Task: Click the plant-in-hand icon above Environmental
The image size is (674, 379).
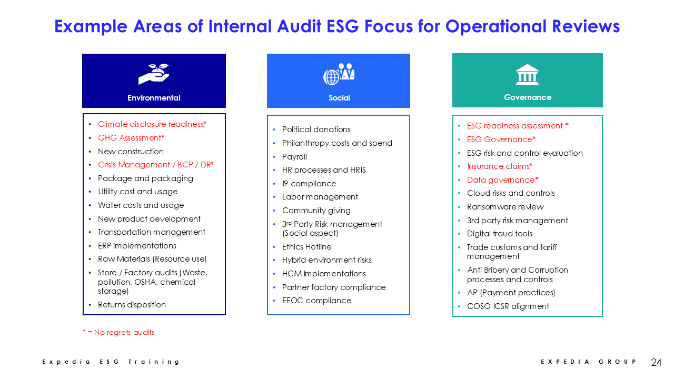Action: click(154, 74)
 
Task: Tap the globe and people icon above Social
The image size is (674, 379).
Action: click(339, 74)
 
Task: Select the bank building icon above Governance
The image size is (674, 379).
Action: click(527, 75)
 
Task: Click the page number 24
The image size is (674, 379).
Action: click(656, 362)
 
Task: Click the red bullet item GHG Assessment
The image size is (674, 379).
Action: click(131, 138)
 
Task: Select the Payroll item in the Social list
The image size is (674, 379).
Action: click(294, 157)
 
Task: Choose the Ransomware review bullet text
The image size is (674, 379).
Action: click(505, 207)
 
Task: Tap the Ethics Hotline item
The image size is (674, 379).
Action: click(306, 247)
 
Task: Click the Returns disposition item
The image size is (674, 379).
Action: click(132, 305)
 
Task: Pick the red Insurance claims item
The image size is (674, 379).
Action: click(500, 166)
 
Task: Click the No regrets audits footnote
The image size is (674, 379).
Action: click(118, 332)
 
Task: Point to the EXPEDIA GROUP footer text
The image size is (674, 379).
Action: click(588, 362)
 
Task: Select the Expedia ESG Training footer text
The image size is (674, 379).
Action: click(111, 362)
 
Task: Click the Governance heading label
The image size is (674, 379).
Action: click(528, 97)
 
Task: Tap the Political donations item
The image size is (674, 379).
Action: click(316, 129)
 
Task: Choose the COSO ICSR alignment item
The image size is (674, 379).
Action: click(508, 306)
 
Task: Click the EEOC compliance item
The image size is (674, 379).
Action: click(316, 301)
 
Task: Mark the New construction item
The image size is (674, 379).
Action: click(131, 151)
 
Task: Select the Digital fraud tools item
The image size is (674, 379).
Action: click(500, 233)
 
